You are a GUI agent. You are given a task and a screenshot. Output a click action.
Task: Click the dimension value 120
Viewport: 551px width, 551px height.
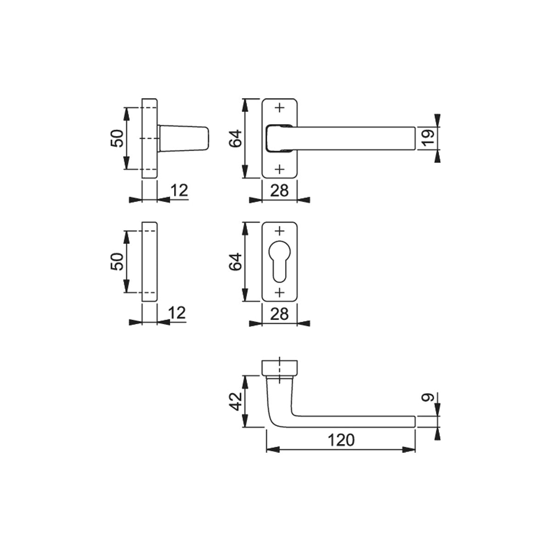click(341, 440)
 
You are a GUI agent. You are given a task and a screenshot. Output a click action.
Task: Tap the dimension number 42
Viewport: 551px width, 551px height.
click(236, 402)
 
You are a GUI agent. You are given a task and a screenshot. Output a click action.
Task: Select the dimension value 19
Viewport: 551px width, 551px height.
click(428, 138)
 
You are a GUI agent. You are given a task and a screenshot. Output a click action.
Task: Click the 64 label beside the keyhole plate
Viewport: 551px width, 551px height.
click(236, 262)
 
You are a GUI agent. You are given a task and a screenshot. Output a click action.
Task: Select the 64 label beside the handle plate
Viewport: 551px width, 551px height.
click(236, 138)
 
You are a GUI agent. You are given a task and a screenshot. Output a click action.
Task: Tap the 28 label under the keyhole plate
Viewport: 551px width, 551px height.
click(279, 314)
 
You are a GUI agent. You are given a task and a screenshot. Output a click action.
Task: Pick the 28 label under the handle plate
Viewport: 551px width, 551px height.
click(279, 191)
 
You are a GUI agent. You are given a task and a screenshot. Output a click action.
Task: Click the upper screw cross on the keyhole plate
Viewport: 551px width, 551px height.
click(280, 231)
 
